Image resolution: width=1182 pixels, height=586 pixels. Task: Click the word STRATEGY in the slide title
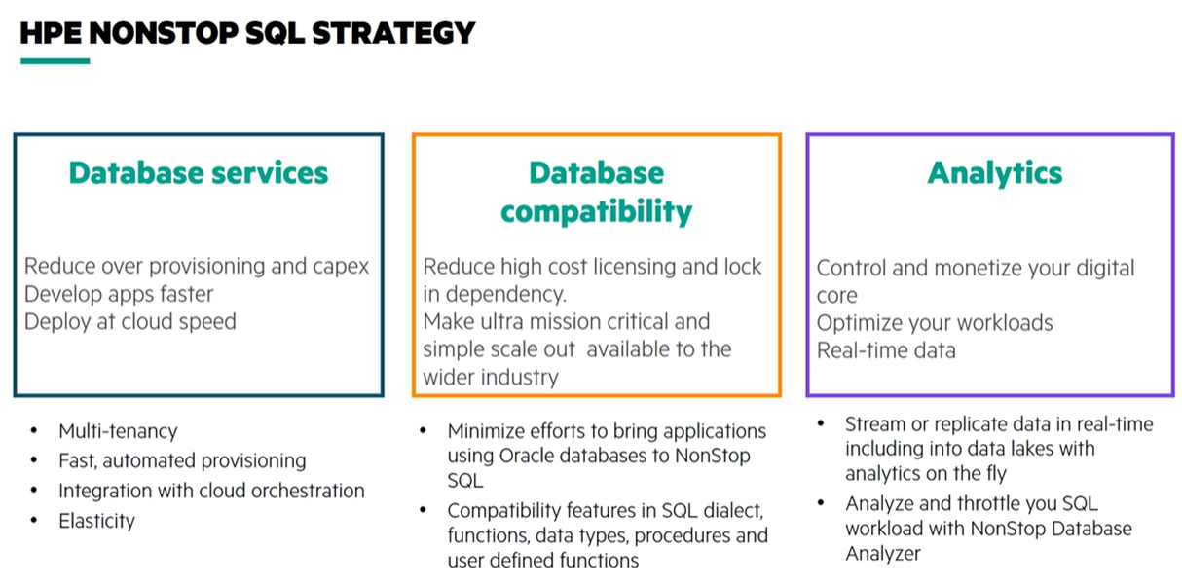coord(393,33)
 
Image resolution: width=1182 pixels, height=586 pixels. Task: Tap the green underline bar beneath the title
coord(55,61)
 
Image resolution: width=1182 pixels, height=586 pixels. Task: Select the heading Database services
coord(199,173)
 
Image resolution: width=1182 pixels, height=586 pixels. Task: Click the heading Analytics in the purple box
coord(995,174)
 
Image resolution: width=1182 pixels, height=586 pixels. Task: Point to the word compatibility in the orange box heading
coord(596,212)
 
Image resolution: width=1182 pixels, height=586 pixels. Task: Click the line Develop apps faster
coord(119,294)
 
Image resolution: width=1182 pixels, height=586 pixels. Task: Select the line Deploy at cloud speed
coord(130,322)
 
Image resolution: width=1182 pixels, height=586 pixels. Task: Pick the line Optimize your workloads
coord(935,323)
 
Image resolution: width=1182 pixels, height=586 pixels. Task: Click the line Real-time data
coord(886,350)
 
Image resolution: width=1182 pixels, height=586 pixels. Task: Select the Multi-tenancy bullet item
coord(118,432)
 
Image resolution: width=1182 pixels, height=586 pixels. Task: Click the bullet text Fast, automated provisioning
coord(182,461)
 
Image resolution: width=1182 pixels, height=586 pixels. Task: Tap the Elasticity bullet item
coord(97,521)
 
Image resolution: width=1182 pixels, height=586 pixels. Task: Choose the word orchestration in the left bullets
coord(308,491)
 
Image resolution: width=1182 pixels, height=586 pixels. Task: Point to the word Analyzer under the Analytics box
coord(883,554)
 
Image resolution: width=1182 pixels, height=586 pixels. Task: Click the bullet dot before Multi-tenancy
coord(34,430)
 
